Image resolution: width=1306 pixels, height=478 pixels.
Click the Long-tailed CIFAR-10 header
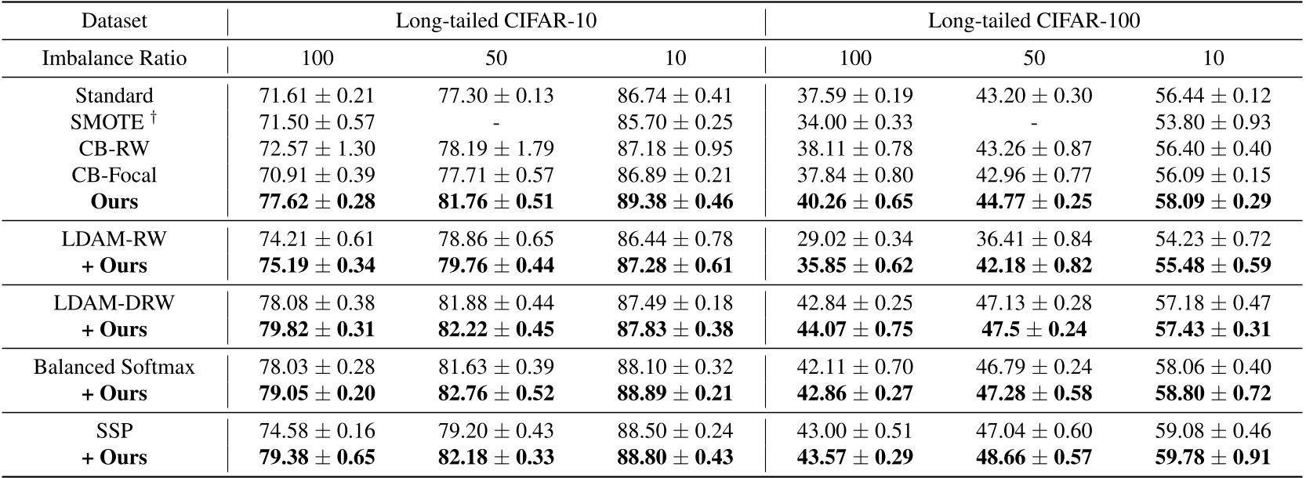tap(495, 21)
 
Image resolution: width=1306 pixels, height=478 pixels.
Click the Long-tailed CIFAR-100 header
tap(1033, 21)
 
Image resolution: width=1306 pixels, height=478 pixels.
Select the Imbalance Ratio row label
tap(114, 59)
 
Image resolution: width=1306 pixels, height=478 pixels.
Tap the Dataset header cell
tap(114, 21)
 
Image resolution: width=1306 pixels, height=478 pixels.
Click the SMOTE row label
tap(108, 122)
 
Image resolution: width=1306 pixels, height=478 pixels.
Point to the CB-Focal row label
tap(114, 175)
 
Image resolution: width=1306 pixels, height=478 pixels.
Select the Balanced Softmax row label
tap(114, 367)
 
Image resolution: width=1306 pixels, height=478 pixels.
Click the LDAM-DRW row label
tap(114, 302)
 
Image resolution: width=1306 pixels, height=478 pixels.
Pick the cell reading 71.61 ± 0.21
tap(317, 96)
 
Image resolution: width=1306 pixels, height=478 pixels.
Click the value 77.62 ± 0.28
tap(317, 201)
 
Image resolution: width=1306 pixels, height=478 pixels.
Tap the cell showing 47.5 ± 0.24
tap(1033, 329)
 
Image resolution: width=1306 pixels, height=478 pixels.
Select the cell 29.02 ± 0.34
tap(854, 239)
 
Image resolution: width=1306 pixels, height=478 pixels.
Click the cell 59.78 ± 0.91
tap(1213, 457)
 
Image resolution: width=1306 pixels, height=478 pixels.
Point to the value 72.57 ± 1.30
tap(317, 148)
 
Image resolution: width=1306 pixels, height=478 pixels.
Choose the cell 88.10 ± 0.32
tap(675, 367)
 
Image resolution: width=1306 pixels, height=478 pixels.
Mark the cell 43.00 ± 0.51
tap(854, 430)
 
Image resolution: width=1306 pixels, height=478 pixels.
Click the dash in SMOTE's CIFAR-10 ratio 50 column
tap(495, 123)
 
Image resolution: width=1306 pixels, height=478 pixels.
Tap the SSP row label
tap(114, 430)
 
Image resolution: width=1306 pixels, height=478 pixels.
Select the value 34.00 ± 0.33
tap(854, 122)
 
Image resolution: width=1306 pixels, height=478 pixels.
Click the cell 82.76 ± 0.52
tap(495, 393)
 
